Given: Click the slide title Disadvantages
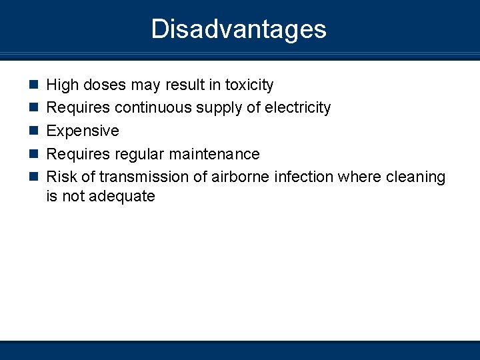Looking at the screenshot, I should pos(239,29).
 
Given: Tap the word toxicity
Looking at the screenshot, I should pos(249,85).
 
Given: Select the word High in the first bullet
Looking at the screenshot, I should pos(62,85).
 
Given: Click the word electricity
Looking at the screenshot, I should pos(296,107).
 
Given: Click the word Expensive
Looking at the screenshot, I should pos(83,131).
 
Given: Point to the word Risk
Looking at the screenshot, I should pos(61,177).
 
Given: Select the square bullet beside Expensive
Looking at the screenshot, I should pos(34,131).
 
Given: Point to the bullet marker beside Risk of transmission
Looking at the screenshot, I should pos(34,177).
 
